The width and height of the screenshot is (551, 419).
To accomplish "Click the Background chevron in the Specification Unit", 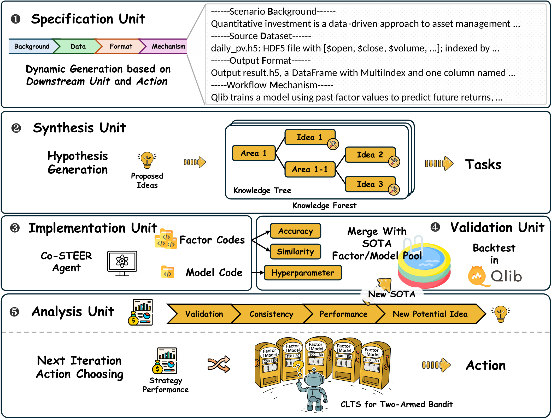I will coord(32,46).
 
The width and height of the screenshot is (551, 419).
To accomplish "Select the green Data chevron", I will coord(78,46).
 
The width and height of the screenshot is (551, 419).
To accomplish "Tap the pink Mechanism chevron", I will coord(167,46).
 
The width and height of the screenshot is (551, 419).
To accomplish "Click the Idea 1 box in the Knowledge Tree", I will coord(309,137).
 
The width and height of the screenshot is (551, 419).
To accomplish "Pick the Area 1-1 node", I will coord(310,169).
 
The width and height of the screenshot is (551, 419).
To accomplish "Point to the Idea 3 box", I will coord(370,184).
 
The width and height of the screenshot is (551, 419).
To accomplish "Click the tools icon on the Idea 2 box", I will coord(394,162).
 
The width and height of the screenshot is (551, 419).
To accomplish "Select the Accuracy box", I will coord(295,231).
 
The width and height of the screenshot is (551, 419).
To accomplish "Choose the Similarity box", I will coord(295,252).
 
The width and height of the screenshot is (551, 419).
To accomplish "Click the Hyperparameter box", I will coord(303,273).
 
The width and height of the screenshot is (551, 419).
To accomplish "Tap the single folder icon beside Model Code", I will coord(168,272).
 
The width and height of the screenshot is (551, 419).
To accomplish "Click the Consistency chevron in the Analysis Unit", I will coord(271,314).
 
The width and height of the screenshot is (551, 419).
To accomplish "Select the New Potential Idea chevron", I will coord(430,314).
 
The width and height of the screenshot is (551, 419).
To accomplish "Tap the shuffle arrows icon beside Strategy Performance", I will coord(219,364).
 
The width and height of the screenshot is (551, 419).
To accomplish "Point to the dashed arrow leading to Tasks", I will coord(439,164).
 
